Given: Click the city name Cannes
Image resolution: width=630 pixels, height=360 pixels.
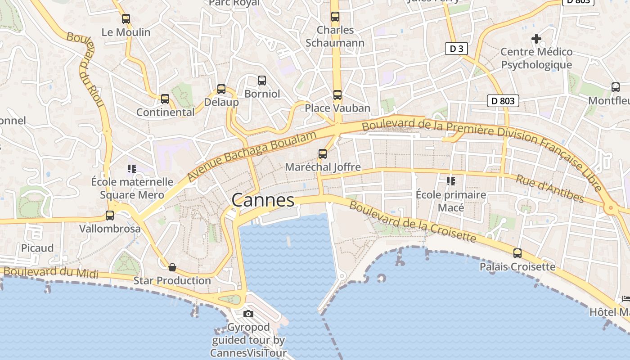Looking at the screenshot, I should click(x=263, y=200).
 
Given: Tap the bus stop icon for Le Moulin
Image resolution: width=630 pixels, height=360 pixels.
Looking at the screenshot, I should click(x=126, y=19).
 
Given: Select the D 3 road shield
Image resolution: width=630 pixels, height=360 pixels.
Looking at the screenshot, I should click(x=456, y=49).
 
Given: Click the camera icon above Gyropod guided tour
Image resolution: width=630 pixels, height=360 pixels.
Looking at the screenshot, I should click(x=248, y=314).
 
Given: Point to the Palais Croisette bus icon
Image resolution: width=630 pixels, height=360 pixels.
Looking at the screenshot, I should click(x=517, y=253).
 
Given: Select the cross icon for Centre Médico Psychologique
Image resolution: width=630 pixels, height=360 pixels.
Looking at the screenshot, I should click(x=536, y=39).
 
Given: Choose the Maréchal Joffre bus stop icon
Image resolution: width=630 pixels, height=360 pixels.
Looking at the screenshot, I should click(x=323, y=154).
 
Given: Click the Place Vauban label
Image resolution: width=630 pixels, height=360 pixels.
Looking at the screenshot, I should click(x=337, y=108).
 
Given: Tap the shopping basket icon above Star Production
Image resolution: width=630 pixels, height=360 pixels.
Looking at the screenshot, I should click(x=172, y=268).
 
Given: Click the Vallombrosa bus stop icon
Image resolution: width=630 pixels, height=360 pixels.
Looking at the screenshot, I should click(x=110, y=216).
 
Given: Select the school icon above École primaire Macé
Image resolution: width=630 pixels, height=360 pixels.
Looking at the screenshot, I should click(x=450, y=181).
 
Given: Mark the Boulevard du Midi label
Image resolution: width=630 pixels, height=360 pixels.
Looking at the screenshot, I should click(x=51, y=271).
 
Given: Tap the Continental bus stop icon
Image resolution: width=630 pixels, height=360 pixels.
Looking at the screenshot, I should click(x=165, y=99).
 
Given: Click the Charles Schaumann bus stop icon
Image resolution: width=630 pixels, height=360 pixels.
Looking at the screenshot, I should click(x=335, y=17).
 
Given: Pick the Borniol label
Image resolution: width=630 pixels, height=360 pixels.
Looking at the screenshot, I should click(x=262, y=94).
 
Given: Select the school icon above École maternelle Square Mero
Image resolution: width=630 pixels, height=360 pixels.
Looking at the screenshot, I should click(x=131, y=169).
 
